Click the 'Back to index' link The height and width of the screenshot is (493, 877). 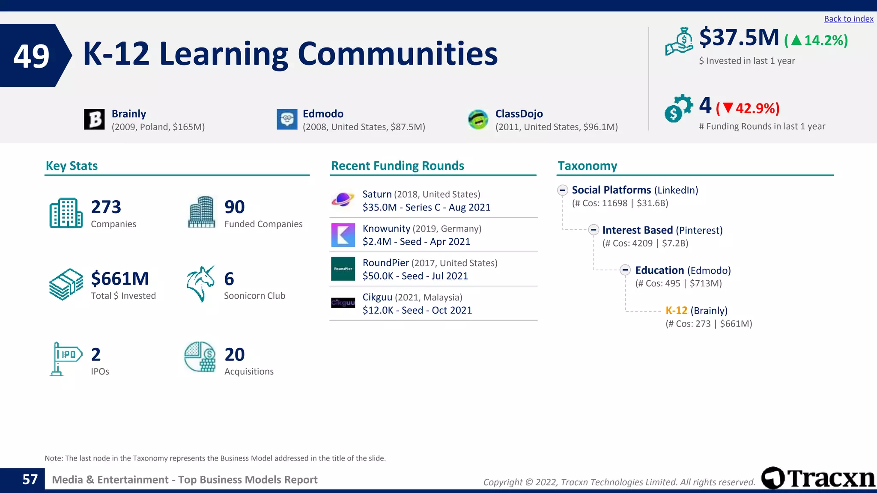[848, 19]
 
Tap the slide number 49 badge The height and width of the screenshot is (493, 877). [32, 56]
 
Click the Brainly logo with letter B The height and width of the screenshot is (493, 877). [94, 119]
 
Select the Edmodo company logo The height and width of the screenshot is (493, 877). [287, 119]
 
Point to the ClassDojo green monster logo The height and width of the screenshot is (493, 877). [478, 119]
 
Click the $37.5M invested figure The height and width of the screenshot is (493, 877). [739, 38]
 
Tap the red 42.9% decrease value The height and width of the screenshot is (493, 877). [757, 109]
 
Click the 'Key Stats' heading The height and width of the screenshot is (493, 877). [72, 166]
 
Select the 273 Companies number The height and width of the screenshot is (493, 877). [106, 207]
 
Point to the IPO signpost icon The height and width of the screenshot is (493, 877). [66, 359]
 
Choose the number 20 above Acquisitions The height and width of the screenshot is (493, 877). [234, 355]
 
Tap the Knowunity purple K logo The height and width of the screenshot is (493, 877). [343, 235]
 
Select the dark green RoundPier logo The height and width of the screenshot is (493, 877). [343, 269]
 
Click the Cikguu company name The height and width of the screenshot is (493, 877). [377, 297]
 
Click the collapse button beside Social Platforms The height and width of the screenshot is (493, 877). [563, 190]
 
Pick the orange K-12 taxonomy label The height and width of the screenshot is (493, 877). [676, 311]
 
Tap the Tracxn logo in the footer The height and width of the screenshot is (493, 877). [818, 478]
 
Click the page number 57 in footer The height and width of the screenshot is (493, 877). [30, 479]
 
